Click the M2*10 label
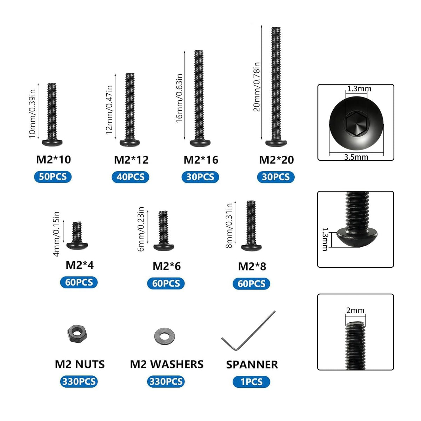coord(54,160)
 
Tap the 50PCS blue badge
coord(53,176)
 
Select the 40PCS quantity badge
coord(131,177)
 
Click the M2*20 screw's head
coord(276,143)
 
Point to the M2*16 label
coord(201,160)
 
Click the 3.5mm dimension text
coord(356,157)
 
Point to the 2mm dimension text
coord(355,310)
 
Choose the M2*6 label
coord(167,266)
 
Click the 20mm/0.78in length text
coord(257,87)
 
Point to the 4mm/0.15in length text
coord(56,234)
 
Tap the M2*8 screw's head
coord(252,247)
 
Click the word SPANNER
coord(252,365)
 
